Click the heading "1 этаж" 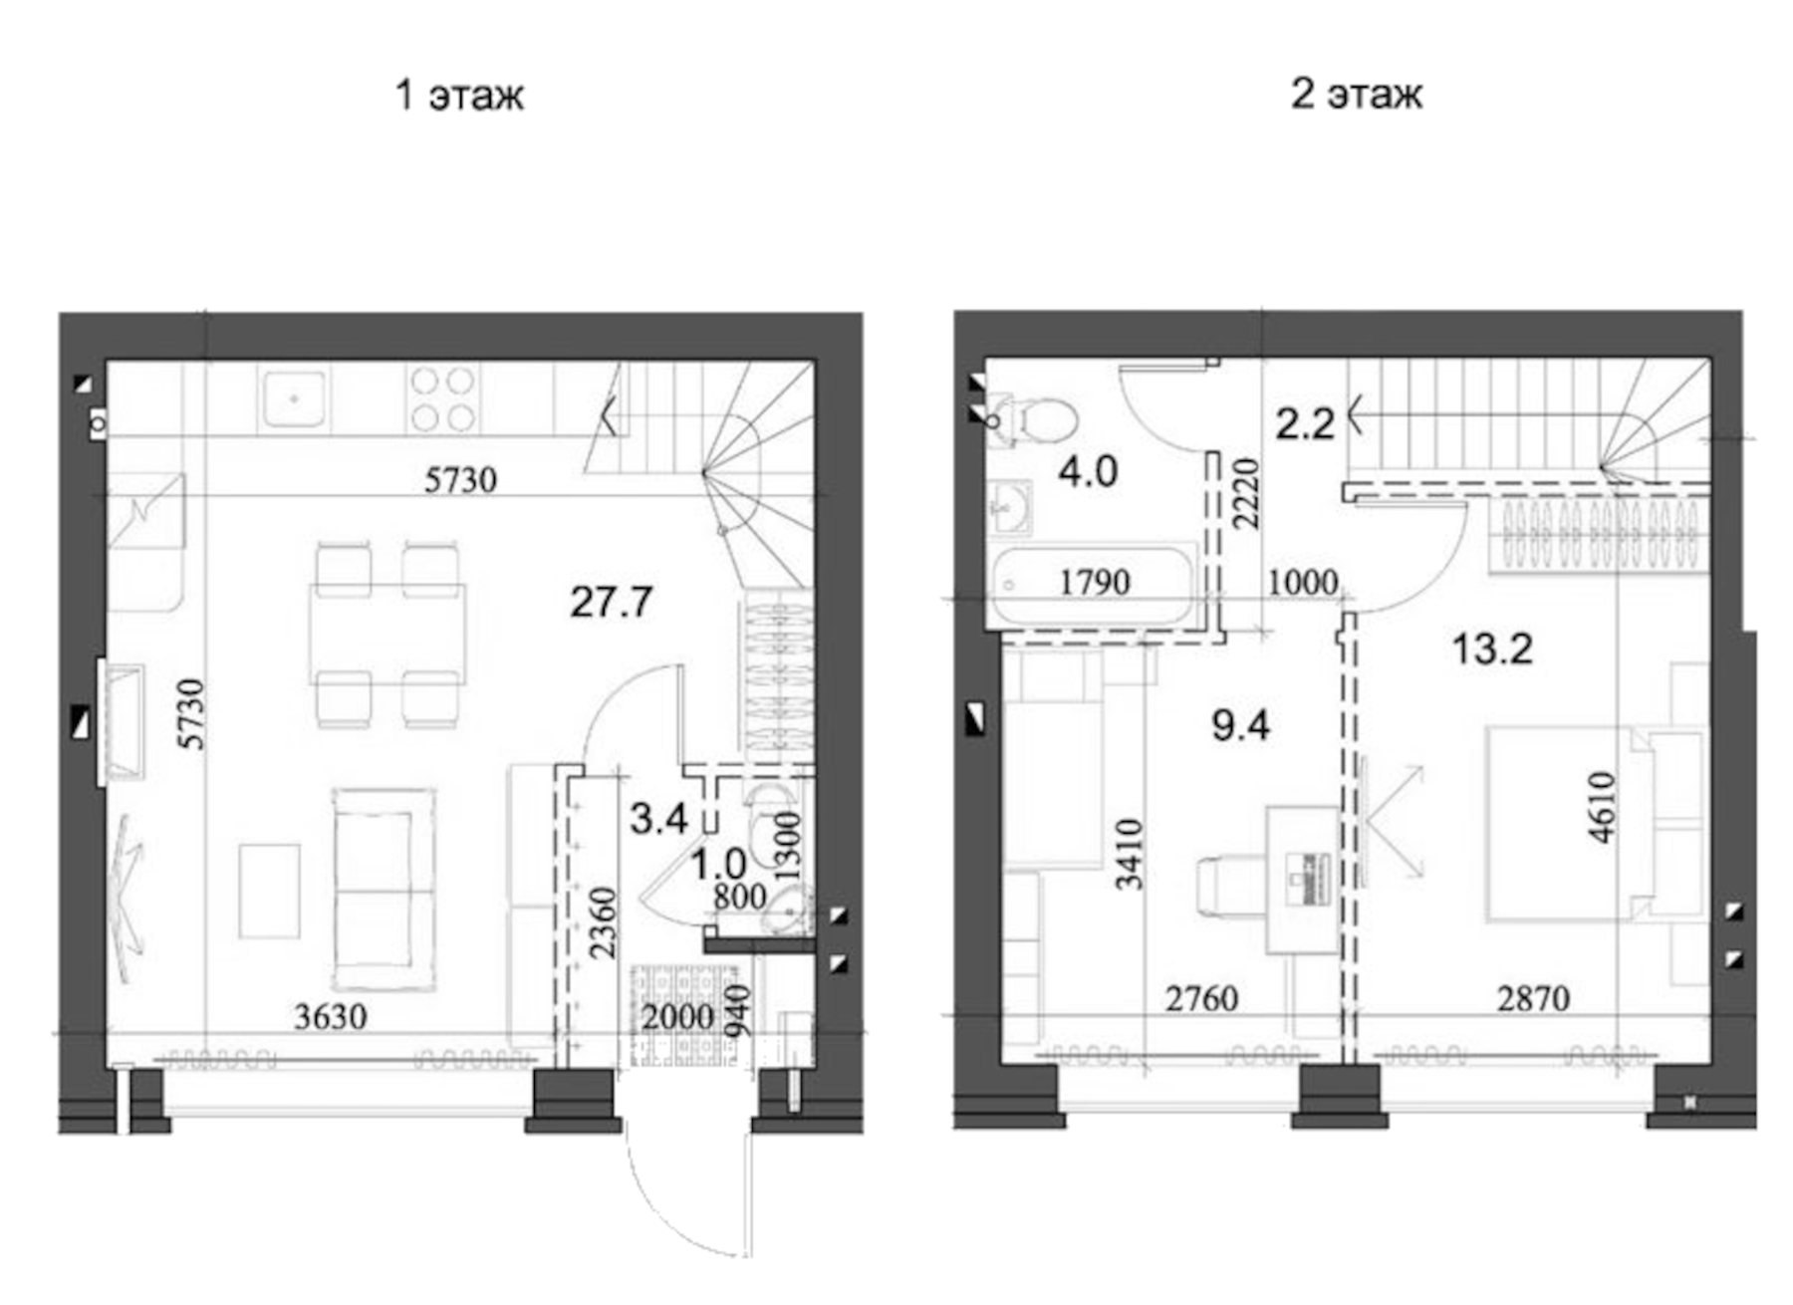coord(459,96)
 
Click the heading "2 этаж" coord(1357,94)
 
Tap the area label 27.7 coord(611,602)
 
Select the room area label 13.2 coord(1491,650)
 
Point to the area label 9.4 coord(1240,725)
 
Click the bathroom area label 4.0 coord(1088,471)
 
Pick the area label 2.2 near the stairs coord(1305,424)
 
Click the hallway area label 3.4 coord(658,819)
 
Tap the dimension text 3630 coord(331,1017)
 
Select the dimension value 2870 coord(1533,998)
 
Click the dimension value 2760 coord(1201,998)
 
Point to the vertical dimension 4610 coord(1601,808)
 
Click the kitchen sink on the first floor coord(294,398)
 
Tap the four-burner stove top coord(442,398)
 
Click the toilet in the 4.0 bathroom coord(1036,419)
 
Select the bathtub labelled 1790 coord(1094,586)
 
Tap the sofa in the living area coord(384,889)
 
